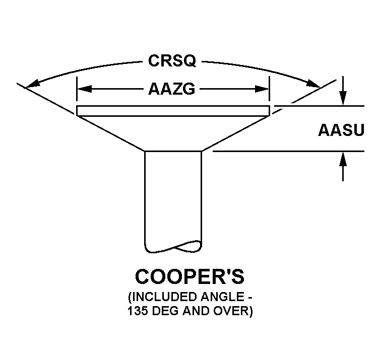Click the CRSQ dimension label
coord(172,61)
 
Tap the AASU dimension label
coord(341,129)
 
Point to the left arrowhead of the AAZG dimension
coord(84,89)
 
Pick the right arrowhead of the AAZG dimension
coord(263,89)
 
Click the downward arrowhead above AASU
coord(343,99)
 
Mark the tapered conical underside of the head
coord(173,132)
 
